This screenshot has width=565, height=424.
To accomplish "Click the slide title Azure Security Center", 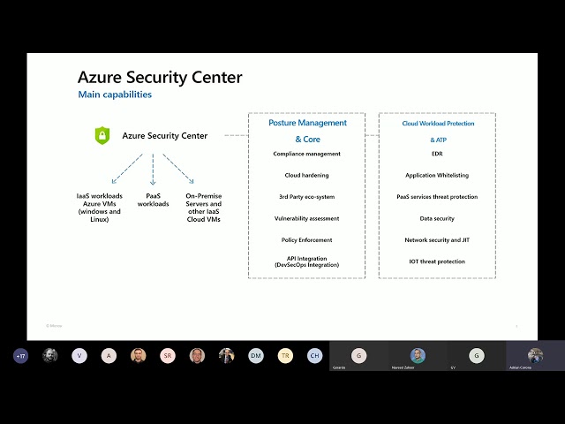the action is click(160, 78).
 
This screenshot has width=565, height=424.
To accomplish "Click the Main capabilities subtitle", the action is click(115, 95).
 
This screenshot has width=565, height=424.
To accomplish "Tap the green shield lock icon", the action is click(102, 135).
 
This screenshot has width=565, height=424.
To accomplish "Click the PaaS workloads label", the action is click(152, 200).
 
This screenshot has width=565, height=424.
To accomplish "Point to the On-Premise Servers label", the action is click(203, 207).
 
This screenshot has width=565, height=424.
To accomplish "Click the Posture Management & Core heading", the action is click(307, 131).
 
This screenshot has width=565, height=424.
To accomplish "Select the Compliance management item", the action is click(306, 154).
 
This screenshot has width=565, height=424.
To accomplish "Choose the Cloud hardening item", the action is click(306, 175).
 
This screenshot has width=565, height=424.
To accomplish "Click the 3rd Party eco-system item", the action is click(306, 197).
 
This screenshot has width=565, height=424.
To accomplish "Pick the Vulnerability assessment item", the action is click(306, 218).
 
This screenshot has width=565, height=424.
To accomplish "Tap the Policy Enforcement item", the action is click(306, 239).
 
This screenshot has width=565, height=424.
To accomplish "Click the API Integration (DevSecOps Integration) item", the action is click(306, 261).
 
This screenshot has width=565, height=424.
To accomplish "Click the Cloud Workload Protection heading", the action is click(438, 124).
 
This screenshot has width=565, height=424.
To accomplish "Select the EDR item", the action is click(437, 154).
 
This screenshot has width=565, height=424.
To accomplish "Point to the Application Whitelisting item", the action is click(437, 175).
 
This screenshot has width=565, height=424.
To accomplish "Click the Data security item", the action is click(437, 218).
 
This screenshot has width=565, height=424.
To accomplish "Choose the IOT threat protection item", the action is click(437, 261).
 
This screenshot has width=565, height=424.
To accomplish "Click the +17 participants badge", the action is click(20, 356).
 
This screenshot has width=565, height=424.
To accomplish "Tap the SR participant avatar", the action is click(168, 356).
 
